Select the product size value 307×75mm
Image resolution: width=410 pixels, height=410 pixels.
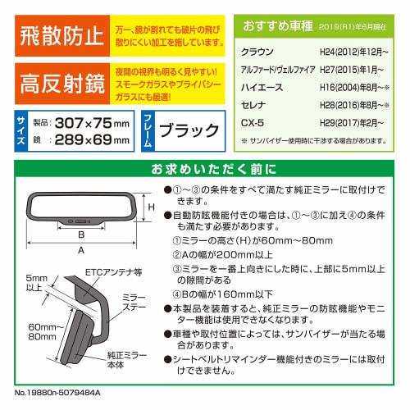coord(90,124)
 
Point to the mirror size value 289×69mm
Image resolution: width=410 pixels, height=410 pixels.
coord(91,141)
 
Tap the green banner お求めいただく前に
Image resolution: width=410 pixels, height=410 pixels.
coord(206,171)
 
